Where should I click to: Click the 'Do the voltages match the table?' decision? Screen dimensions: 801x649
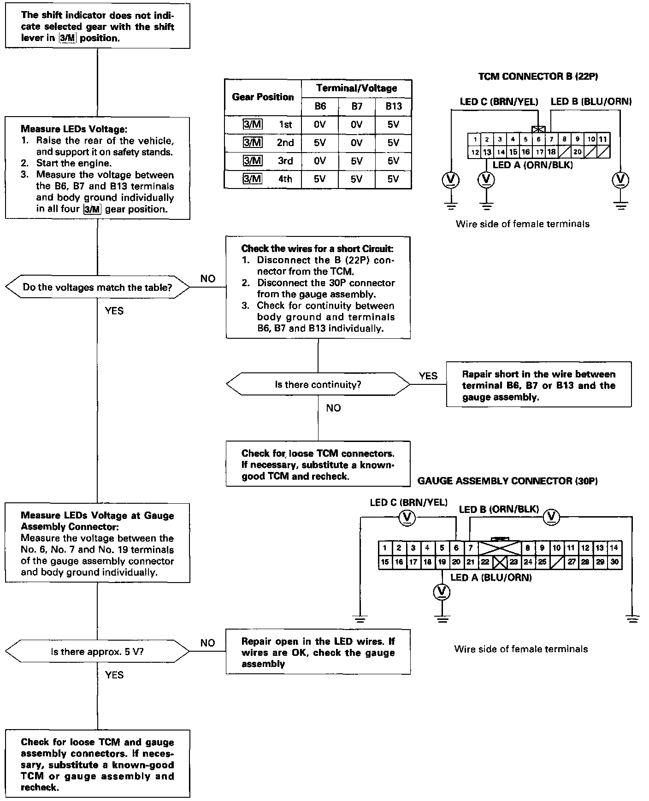pyautogui.click(x=97, y=288)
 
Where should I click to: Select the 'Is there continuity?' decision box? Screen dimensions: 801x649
pyautogui.click(x=318, y=384)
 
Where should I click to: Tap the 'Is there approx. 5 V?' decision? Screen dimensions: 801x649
pyautogui.click(x=97, y=652)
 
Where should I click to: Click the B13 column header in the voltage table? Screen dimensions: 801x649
pyautogui.click(x=393, y=106)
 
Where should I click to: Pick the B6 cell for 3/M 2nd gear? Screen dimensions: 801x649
pyautogui.click(x=320, y=143)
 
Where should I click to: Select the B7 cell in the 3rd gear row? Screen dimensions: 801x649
pyautogui.click(x=356, y=161)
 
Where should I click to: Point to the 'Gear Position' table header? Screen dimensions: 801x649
pyautogui.click(x=263, y=97)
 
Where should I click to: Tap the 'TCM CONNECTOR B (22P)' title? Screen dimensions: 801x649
pyautogui.click(x=538, y=77)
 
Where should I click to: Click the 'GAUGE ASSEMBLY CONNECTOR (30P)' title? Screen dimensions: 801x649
pyautogui.click(x=507, y=481)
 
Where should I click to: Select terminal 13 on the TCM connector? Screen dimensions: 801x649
pyautogui.click(x=487, y=152)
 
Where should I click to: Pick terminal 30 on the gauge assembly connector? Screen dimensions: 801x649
pyautogui.click(x=614, y=562)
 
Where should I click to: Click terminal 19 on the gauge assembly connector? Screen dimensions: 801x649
pyautogui.click(x=442, y=562)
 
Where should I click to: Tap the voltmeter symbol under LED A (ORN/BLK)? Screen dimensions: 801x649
pyautogui.click(x=486, y=179)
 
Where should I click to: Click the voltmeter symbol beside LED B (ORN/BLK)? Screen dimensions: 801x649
pyautogui.click(x=551, y=518)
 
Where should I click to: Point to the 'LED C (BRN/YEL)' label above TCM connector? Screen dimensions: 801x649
pyautogui.click(x=499, y=102)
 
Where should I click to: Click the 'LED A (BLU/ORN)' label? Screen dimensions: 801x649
pyautogui.click(x=491, y=577)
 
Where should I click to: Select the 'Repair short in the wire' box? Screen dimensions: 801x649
pyautogui.click(x=538, y=385)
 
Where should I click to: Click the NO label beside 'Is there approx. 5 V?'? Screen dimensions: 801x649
pyautogui.click(x=207, y=643)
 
